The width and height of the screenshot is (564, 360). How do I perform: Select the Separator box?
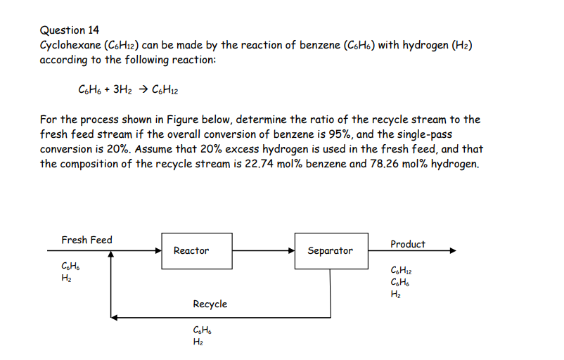pos(330,250)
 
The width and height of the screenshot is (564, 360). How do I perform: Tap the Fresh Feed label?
pos(86,240)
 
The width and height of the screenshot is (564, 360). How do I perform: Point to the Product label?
pos(408,244)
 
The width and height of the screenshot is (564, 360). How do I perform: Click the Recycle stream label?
pos(210,304)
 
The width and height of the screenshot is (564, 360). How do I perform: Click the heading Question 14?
pos(70,30)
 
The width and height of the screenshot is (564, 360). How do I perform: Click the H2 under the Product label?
pos(394,294)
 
